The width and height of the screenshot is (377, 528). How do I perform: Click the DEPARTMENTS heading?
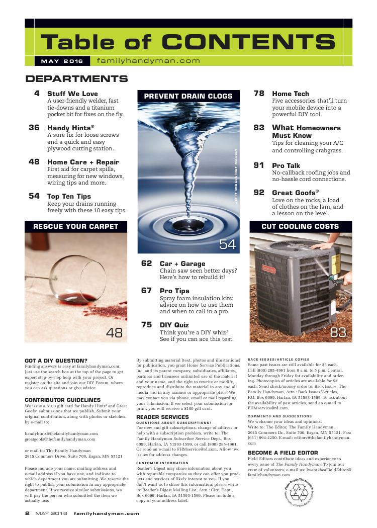[76, 79]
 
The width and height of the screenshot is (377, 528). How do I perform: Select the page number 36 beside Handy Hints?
[34, 128]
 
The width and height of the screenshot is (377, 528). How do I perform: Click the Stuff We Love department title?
[72, 94]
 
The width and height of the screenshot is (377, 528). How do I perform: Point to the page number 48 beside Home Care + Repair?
[34, 162]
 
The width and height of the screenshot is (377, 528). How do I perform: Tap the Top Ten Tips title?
[69, 196]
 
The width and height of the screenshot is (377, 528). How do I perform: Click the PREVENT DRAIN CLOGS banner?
[189, 96]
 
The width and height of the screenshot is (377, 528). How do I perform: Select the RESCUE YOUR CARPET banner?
[75, 226]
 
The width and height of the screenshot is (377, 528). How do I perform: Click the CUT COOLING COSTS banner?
[300, 226]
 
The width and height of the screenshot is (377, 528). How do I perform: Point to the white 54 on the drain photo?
[227, 245]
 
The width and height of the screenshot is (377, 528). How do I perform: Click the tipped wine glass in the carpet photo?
[70, 282]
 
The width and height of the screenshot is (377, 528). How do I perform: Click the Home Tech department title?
[291, 94]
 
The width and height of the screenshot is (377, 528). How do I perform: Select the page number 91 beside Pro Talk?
[259, 165]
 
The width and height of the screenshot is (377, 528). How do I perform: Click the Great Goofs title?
[296, 193]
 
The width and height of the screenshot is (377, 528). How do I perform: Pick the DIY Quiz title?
[174, 325]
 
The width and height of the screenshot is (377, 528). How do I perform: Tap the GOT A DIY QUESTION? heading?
[56, 360]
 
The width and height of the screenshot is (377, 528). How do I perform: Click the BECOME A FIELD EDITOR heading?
[282, 453]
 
